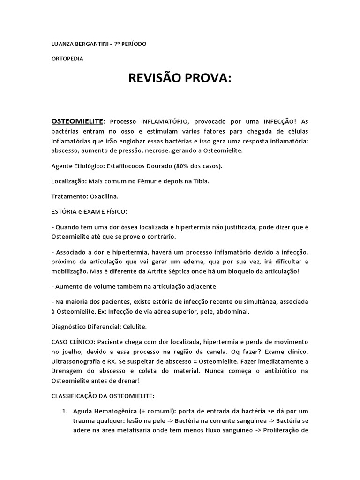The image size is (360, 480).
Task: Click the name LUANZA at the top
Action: (63, 44)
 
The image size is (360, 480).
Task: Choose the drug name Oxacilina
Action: (103, 195)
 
